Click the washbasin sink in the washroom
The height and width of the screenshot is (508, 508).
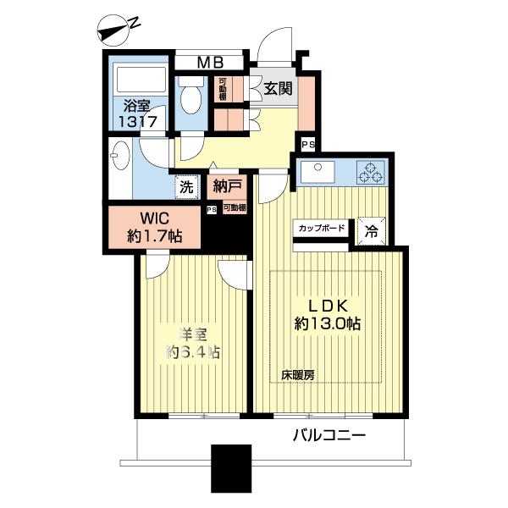coord(119,157)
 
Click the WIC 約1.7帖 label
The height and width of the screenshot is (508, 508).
coord(153,226)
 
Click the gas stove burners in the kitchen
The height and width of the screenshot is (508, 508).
coord(370,172)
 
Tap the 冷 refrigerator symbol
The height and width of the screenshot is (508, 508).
coord(372,229)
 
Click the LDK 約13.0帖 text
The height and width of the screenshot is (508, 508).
coord(329,313)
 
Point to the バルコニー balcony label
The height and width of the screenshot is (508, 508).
coord(329,437)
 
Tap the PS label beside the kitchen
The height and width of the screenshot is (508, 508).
coord(306,145)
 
